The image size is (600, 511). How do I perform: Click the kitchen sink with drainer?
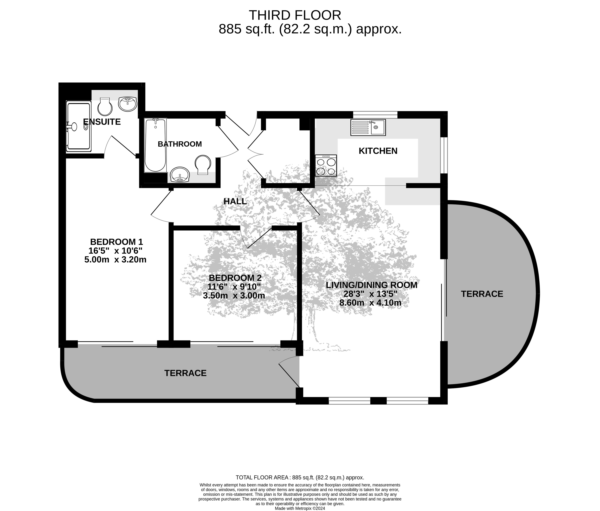(368, 128)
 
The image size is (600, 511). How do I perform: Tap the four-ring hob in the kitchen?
(326, 165)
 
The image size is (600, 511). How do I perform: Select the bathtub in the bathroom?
(155, 145)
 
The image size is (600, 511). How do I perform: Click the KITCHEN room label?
(378, 151)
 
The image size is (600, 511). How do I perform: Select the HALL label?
(235, 201)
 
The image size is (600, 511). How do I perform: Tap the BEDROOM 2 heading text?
(235, 278)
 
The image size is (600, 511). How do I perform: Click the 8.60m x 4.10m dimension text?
(370, 303)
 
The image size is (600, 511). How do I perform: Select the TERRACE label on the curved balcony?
(482, 294)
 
